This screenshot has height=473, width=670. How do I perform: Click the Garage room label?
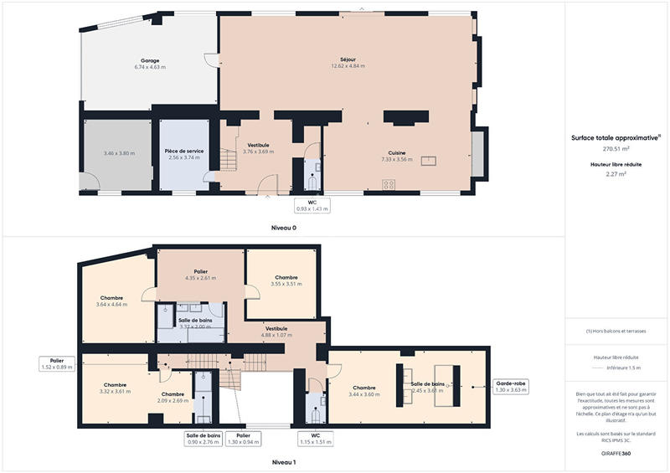pos(150,60)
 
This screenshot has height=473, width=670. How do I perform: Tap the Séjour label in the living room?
pos(348,59)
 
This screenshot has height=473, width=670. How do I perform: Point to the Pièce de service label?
pos(183,151)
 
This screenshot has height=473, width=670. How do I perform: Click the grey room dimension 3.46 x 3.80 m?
pos(118,153)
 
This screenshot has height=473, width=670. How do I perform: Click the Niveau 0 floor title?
pos(283,228)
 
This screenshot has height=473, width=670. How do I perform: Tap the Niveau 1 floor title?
pos(283,461)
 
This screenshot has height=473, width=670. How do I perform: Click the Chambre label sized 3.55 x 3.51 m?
pos(286,280)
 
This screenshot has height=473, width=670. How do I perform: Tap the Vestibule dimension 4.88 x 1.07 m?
pos(276,335)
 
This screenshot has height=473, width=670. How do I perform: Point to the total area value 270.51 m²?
pos(616,149)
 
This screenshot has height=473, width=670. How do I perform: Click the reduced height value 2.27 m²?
pos(616,174)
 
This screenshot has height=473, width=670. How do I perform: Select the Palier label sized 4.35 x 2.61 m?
pos(201,275)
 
